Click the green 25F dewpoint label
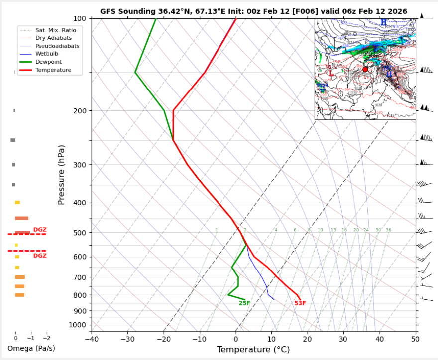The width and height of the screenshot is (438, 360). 244,303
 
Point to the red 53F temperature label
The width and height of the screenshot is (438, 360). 300,303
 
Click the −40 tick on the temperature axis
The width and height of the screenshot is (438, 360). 92,339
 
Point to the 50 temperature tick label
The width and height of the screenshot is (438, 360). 415,339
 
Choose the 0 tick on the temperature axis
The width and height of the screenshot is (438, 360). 235,339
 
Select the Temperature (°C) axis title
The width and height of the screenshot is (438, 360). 254,350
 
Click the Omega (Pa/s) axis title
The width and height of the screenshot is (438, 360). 31,348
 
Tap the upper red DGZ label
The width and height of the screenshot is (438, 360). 40,230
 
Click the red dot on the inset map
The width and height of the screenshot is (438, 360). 365,69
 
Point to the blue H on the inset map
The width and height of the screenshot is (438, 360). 383,23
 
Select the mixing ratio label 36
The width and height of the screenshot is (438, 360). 388,230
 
